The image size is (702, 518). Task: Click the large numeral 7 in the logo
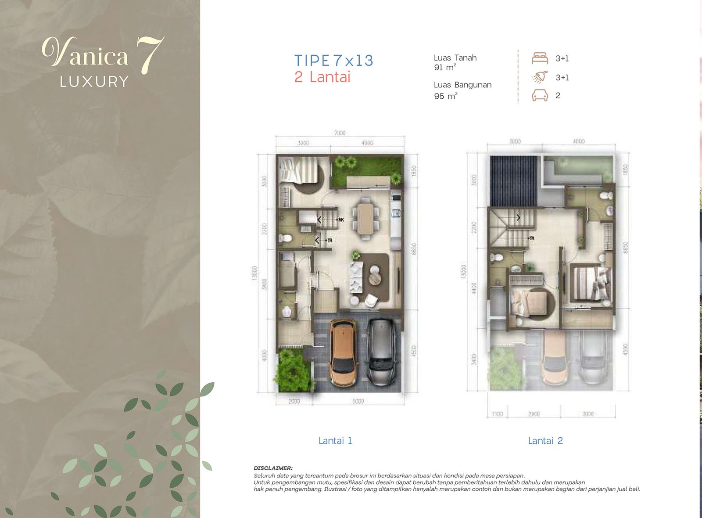pyautogui.click(x=149, y=55)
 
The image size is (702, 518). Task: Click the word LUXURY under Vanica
pyautogui.click(x=94, y=82)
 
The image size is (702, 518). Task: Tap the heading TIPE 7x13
pyautogui.click(x=333, y=61)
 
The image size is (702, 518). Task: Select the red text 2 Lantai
pyautogui.click(x=322, y=77)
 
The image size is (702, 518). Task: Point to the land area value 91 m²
pyautogui.click(x=444, y=68)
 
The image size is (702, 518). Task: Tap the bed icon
pyautogui.click(x=540, y=58)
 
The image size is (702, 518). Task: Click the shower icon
pyautogui.click(x=540, y=77)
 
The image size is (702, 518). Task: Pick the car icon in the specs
pyautogui.click(x=540, y=95)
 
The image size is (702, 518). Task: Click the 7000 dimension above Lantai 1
pyautogui.click(x=340, y=133)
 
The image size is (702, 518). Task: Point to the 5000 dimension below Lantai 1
pyautogui.click(x=358, y=401)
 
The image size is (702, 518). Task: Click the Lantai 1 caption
pyautogui.click(x=335, y=441)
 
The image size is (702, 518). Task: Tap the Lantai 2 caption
pyautogui.click(x=545, y=441)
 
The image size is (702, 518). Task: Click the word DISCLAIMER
pyautogui.click(x=273, y=468)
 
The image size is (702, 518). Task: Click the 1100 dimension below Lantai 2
pyautogui.click(x=497, y=414)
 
